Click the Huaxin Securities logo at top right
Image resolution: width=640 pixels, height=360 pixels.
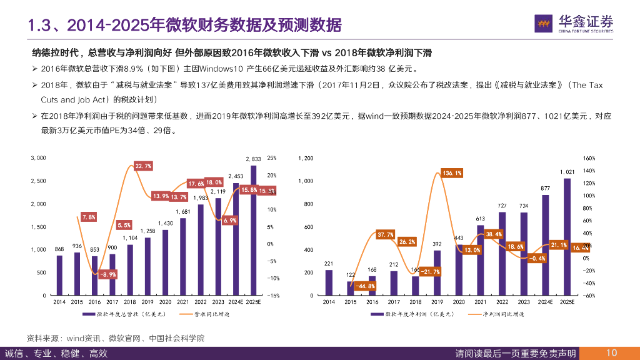click(x=574, y=23)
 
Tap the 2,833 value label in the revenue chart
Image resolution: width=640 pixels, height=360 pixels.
click(x=253, y=159)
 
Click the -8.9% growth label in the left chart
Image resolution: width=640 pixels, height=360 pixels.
click(x=109, y=274)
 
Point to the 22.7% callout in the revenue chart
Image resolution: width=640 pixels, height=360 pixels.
click(x=143, y=166)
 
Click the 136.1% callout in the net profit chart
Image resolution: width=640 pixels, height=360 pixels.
click(x=451, y=172)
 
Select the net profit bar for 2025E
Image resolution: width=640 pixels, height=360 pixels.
click(x=567, y=237)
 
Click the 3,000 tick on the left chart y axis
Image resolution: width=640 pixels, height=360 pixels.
click(x=38, y=158)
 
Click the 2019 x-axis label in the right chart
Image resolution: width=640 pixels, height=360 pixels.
click(x=437, y=302)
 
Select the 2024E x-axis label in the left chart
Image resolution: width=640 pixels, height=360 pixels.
click(x=236, y=302)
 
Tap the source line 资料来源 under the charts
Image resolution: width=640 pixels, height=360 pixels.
click(x=115, y=338)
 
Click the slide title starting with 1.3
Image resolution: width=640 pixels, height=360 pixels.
click(x=184, y=25)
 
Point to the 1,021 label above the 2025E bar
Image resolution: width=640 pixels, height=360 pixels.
click(x=567, y=172)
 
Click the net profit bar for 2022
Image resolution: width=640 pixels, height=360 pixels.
click(x=502, y=253)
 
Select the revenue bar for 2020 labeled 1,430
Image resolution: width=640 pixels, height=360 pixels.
click(x=166, y=262)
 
